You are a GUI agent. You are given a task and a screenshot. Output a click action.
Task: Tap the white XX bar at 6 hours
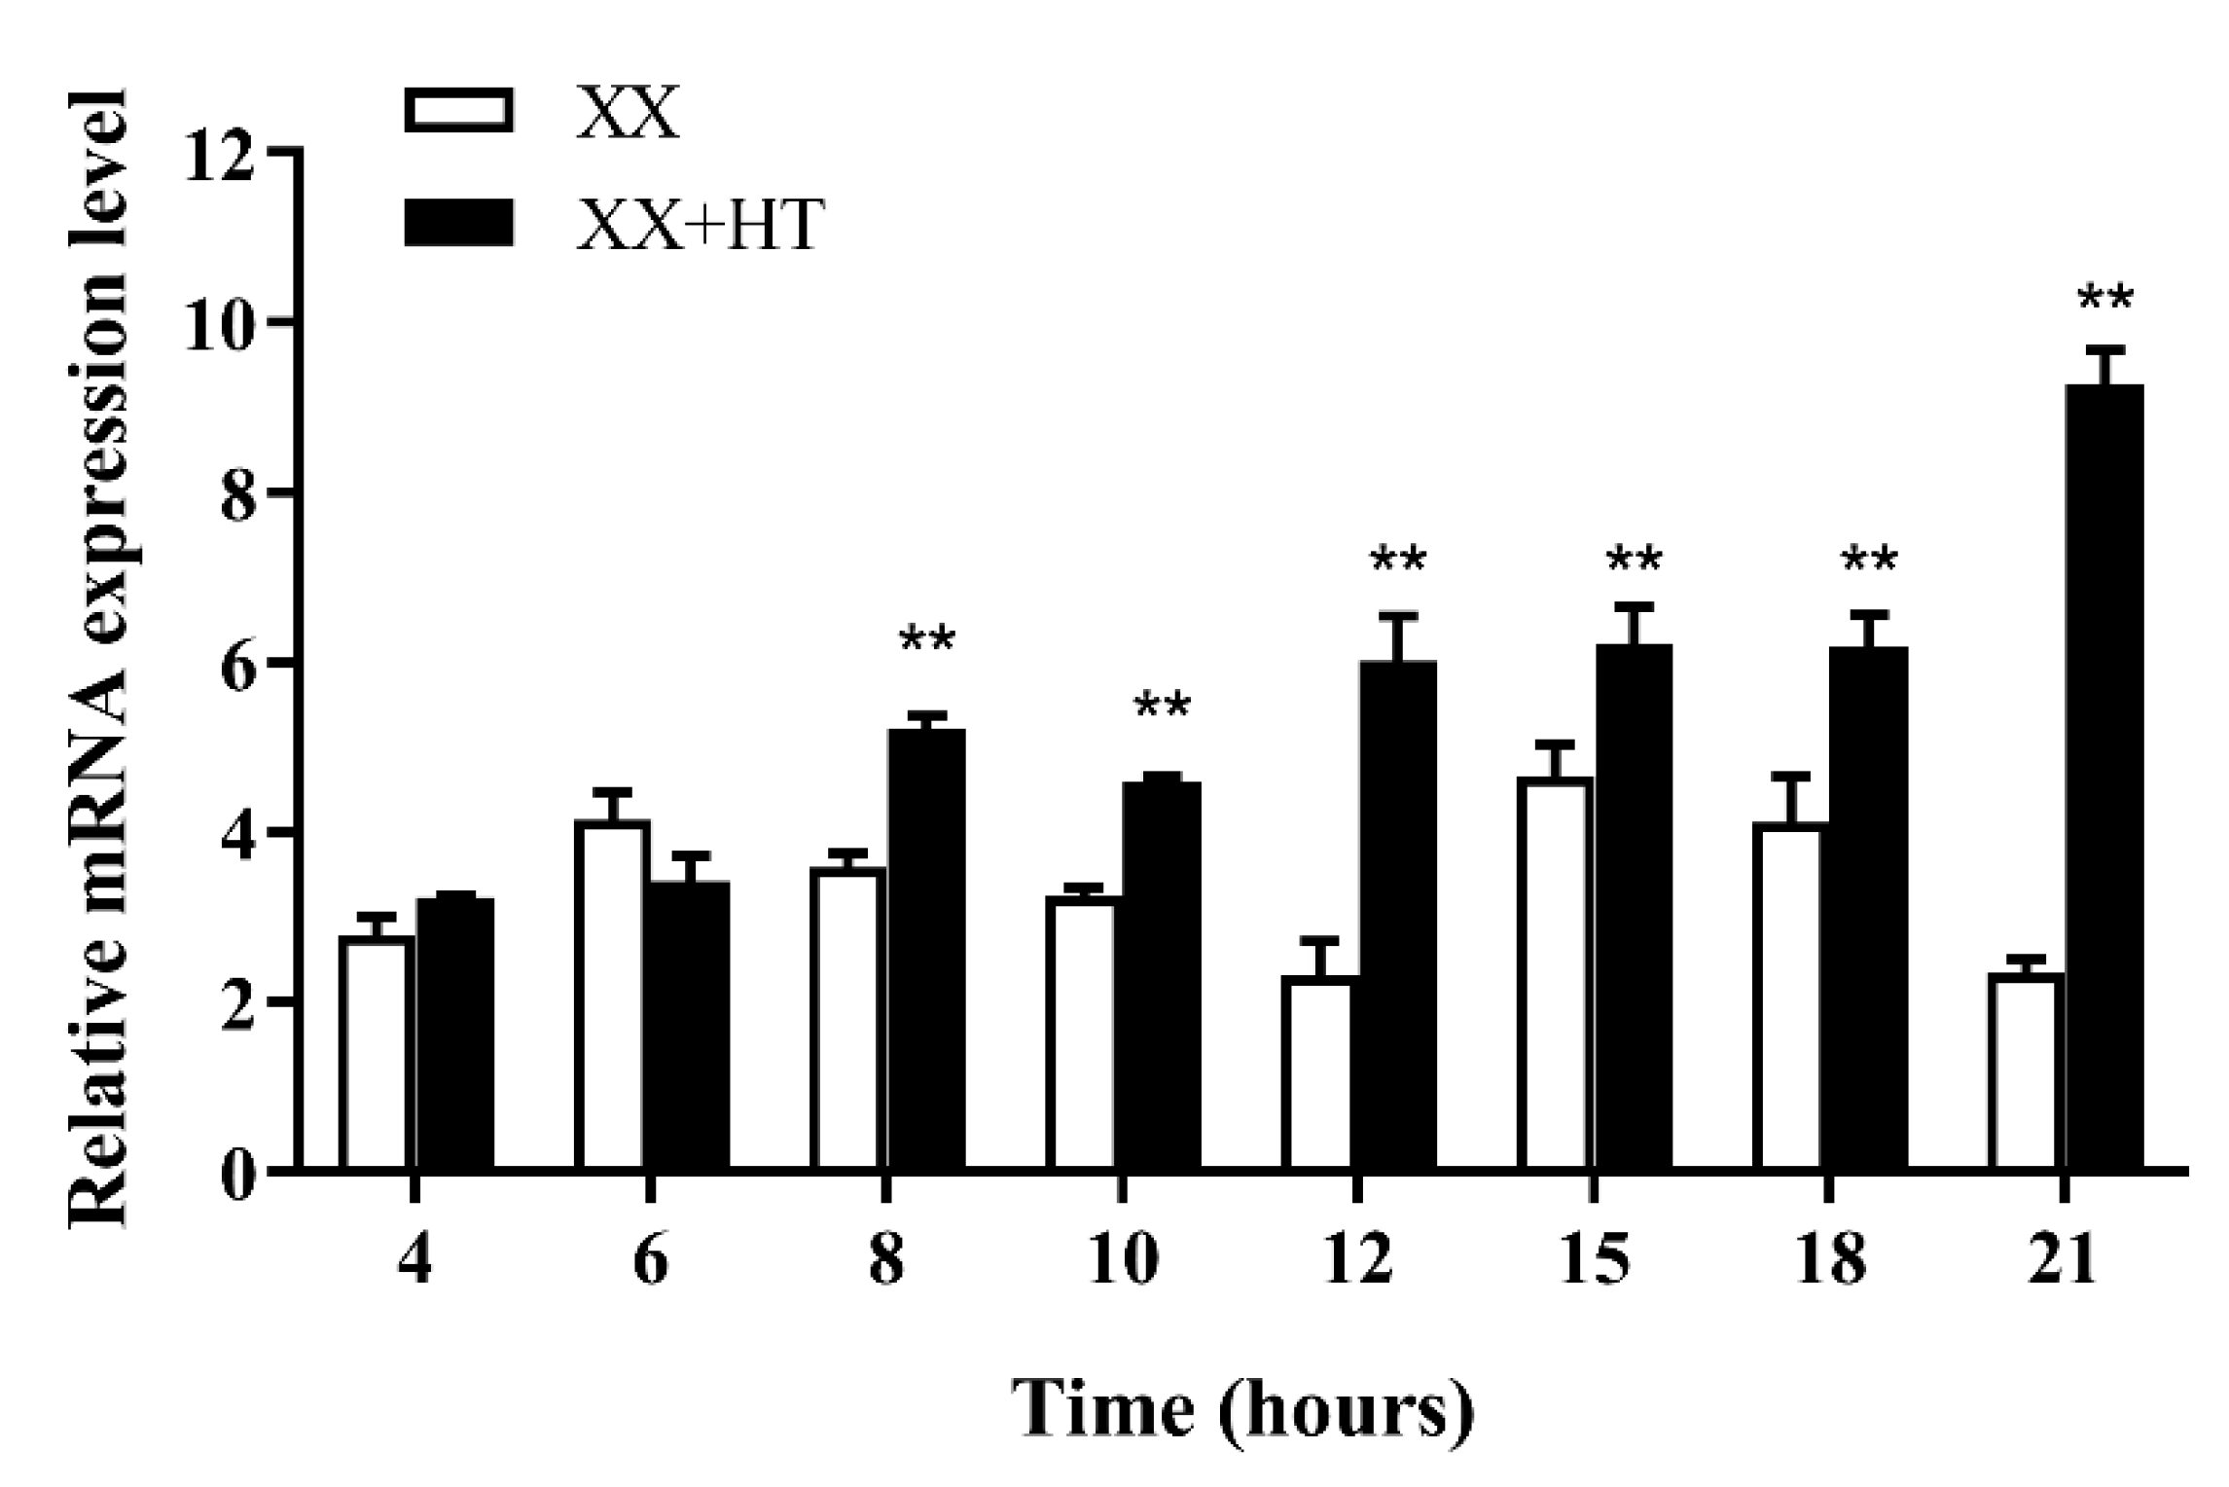(612, 994)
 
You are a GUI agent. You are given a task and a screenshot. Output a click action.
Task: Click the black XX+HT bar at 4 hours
(455, 1032)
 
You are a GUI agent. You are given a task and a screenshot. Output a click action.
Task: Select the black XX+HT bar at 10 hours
(1162, 973)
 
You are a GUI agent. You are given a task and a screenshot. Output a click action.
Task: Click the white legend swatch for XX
(458, 111)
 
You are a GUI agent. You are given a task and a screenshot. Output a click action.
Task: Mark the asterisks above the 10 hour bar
(1162, 707)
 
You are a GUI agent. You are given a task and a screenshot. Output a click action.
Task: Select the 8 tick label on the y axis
(236, 492)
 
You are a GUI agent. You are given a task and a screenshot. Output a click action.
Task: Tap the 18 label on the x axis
(1830, 1262)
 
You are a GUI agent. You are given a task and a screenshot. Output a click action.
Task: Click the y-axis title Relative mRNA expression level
(99, 657)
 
